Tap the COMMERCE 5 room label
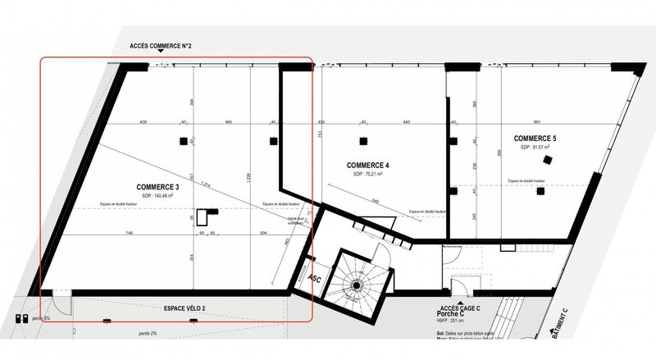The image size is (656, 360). (536, 138)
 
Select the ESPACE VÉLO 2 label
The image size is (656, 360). (178, 308)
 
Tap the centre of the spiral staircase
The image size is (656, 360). (357, 286)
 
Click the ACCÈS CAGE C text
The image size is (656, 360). (460, 306)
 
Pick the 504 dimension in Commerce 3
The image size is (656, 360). (263, 233)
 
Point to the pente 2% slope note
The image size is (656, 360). (149, 332)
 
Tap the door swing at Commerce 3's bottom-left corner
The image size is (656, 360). (61, 296)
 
